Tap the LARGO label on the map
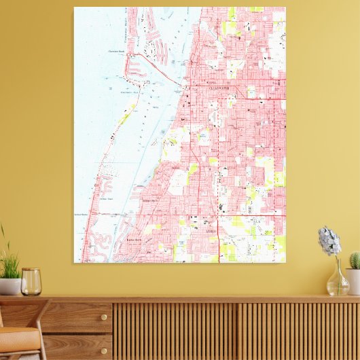(212, 232)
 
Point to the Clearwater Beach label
(117, 51)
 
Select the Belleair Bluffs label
(149, 201)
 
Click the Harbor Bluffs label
(134, 240)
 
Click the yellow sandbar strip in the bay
(124, 119)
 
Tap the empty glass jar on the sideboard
(31, 282)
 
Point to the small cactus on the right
(355, 260)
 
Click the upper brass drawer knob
(86, 317)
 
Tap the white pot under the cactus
(353, 281)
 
